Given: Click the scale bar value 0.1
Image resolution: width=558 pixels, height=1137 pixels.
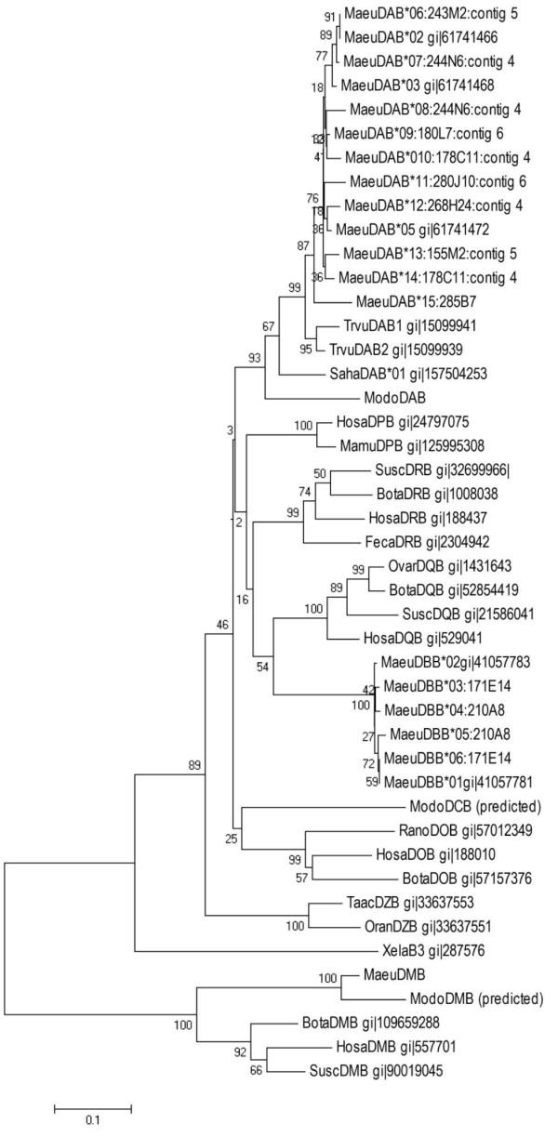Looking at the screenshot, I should pyautogui.click(x=92, y=1120).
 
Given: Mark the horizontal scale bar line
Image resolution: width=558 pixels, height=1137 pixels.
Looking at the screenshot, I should pyautogui.click(x=92, y=1107).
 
